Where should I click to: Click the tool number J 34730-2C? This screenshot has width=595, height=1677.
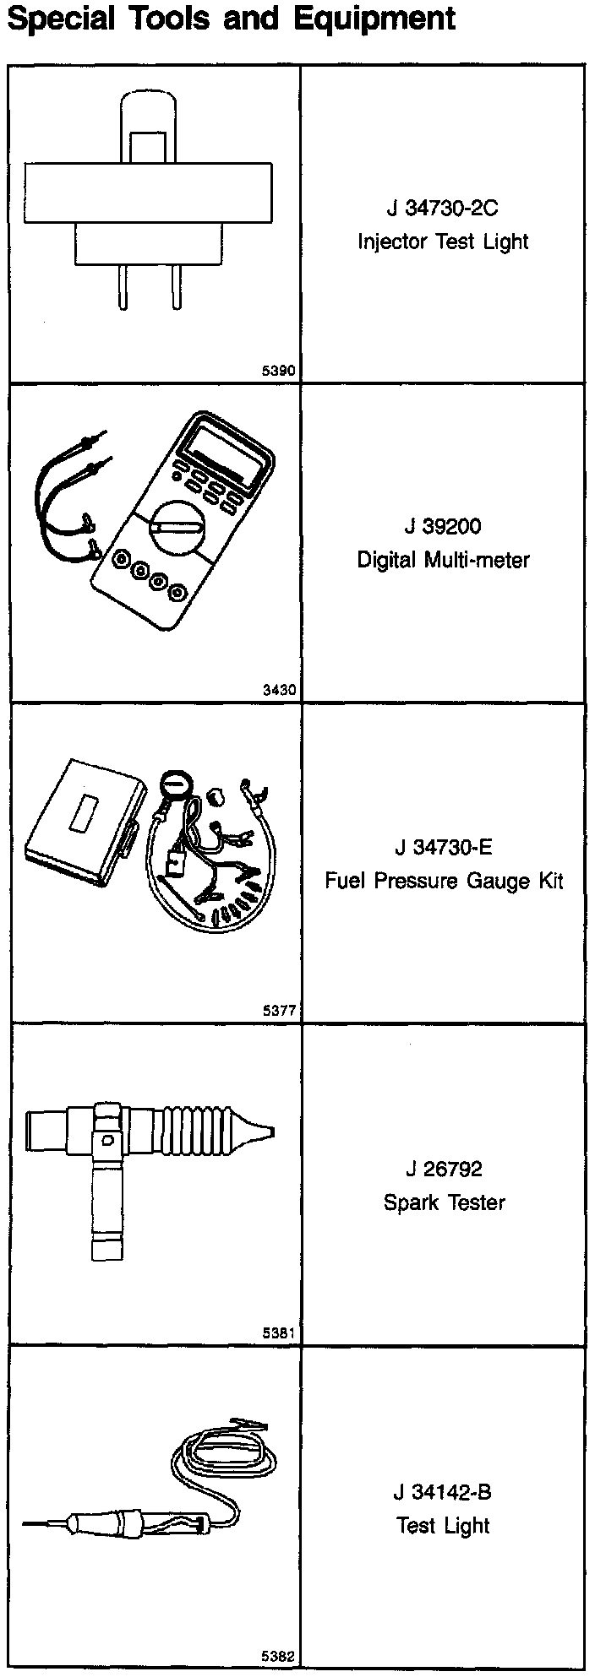(x=443, y=208)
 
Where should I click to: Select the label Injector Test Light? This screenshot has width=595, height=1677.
(x=443, y=242)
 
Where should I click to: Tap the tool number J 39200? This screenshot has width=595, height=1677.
(x=443, y=527)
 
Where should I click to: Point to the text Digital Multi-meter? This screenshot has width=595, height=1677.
(x=443, y=560)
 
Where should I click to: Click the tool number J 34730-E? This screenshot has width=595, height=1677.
(x=443, y=847)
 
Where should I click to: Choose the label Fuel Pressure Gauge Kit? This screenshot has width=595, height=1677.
(x=443, y=882)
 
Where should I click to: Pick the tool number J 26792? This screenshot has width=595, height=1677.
(x=443, y=1170)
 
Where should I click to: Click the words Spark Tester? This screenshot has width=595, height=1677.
(x=443, y=1202)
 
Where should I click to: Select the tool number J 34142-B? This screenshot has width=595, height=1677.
(x=443, y=1492)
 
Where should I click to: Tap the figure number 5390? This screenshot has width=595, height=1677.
(x=279, y=370)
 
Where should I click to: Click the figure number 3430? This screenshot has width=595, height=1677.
(x=279, y=690)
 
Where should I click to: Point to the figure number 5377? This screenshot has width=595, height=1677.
(x=279, y=1010)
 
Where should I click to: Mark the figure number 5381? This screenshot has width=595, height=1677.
(x=279, y=1333)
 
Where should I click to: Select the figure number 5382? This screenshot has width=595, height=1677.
(x=279, y=1657)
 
